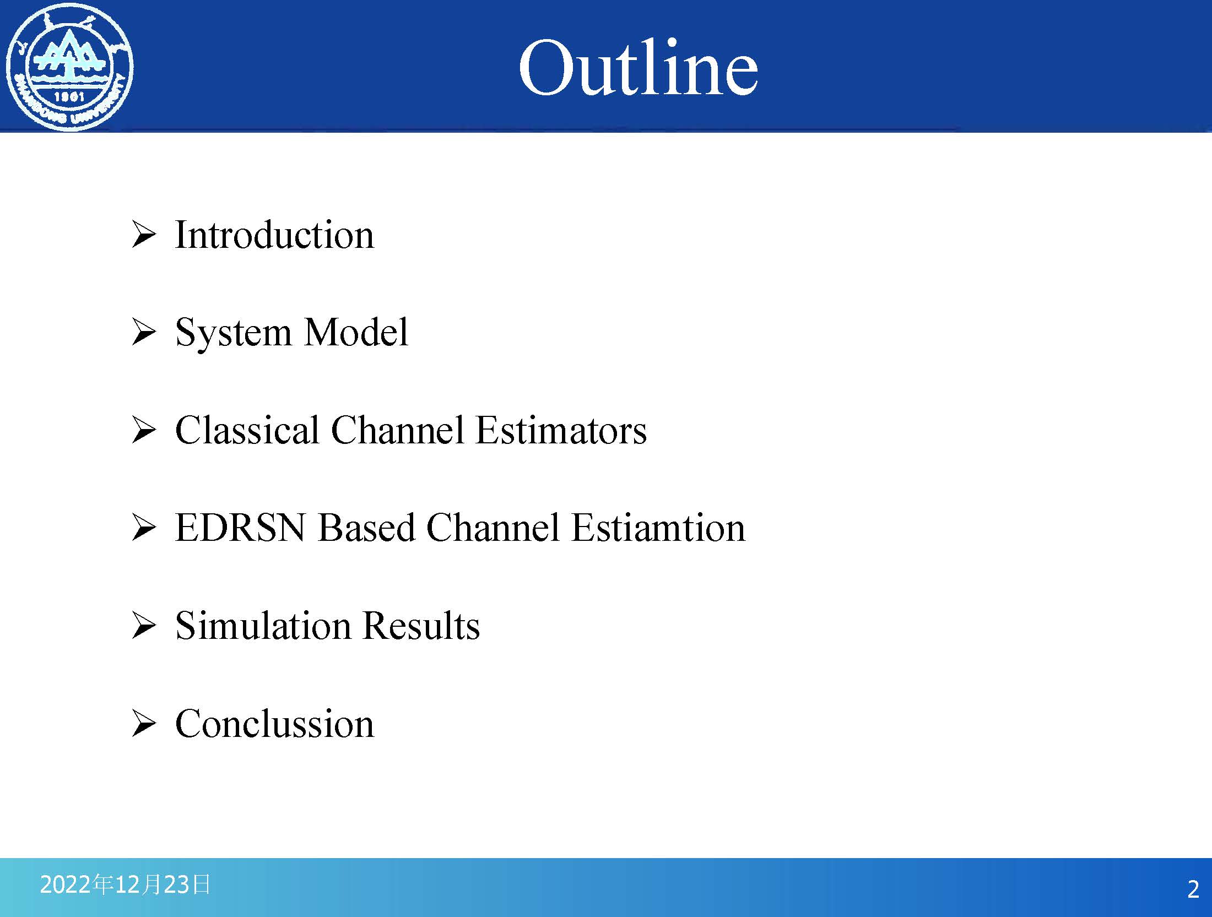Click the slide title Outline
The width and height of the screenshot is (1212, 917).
pyautogui.click(x=638, y=67)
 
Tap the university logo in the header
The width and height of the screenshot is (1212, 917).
pyautogui.click(x=69, y=67)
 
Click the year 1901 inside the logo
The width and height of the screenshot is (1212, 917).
pyautogui.click(x=69, y=96)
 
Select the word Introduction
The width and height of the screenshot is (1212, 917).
pyautogui.click(x=274, y=235)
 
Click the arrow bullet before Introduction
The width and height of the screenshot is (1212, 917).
pyautogui.click(x=144, y=235)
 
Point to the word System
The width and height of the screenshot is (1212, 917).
pyautogui.click(x=234, y=333)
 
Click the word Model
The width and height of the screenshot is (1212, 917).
pyautogui.click(x=356, y=332)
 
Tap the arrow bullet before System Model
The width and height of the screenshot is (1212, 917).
pyautogui.click(x=144, y=333)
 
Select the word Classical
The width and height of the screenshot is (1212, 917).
pyautogui.click(x=247, y=430)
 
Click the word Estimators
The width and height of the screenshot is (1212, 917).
pyautogui.click(x=561, y=430)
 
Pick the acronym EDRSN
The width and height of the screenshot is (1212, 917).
pyautogui.click(x=240, y=528)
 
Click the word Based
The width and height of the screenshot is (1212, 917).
pyautogui.click(x=366, y=528)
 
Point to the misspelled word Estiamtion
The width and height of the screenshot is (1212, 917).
pyautogui.click(x=658, y=528)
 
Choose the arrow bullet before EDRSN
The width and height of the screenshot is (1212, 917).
pyautogui.click(x=144, y=528)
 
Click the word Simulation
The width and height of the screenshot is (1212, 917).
pyautogui.click(x=263, y=626)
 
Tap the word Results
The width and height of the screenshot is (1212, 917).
pyautogui.click(x=421, y=626)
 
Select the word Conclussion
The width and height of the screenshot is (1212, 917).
pyautogui.click(x=274, y=723)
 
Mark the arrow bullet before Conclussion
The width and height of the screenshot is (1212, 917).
pyautogui.click(x=144, y=723)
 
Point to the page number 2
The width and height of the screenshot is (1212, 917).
pyautogui.click(x=1193, y=889)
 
